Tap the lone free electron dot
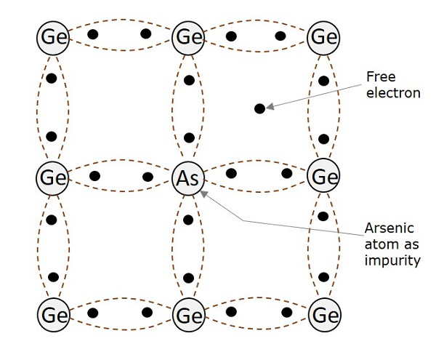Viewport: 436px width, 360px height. [x=259, y=108]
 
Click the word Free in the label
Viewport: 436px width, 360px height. [x=379, y=77]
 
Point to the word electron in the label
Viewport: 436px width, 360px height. [x=392, y=93]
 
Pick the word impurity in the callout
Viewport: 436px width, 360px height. [x=392, y=260]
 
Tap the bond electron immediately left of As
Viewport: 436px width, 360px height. [x=148, y=177]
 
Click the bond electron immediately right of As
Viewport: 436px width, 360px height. [x=232, y=174]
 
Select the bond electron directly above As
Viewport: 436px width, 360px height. [x=189, y=137]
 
